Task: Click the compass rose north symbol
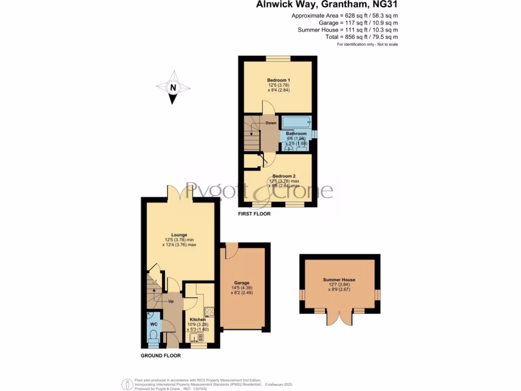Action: coord(173,88)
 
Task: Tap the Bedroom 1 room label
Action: coord(278,80)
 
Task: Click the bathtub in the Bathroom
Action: coord(296,123)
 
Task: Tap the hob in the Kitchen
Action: coord(209,312)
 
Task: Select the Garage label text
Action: coord(242,283)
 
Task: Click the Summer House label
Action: coord(339,280)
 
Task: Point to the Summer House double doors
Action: coord(339,317)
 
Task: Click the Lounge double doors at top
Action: coord(180,192)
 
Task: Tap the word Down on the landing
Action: coord(271,123)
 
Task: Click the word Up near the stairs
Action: coord(171,301)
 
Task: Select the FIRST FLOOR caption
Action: coord(254,214)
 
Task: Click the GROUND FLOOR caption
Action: coord(161,355)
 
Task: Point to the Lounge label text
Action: coord(179,235)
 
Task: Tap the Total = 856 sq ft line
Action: coord(362,37)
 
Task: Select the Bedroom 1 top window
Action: coord(278,58)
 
